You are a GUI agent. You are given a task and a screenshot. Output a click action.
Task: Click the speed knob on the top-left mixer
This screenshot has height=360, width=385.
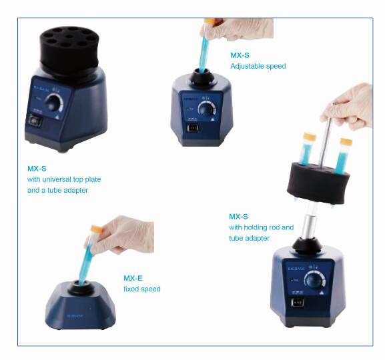54,103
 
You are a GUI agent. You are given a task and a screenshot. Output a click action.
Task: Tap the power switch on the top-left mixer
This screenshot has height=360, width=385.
35,121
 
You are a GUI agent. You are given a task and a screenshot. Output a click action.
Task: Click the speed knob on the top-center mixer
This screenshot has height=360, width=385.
206,109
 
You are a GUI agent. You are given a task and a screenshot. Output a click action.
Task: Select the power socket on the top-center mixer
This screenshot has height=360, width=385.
193,128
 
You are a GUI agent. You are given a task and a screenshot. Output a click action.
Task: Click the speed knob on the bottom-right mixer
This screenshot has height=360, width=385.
314,280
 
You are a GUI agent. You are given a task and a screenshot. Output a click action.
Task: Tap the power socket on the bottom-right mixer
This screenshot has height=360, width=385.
298,303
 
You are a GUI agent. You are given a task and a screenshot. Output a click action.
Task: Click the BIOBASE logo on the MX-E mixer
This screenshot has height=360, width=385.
75,316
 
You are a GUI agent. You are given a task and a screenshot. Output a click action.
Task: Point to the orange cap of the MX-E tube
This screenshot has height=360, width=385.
96,229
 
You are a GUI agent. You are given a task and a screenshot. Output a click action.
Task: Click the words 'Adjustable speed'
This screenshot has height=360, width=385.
258,66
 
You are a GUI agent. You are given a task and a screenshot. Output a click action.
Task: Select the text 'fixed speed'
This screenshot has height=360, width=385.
142,289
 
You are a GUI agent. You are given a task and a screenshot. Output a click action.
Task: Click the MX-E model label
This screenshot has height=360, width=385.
133,278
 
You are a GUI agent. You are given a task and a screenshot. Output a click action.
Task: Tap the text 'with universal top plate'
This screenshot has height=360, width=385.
64,179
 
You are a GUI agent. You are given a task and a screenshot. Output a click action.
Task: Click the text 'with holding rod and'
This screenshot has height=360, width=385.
262,227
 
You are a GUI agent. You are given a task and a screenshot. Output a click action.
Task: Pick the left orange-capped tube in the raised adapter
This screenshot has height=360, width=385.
307,149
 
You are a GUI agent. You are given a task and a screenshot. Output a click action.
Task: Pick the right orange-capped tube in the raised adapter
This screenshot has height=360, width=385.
344,156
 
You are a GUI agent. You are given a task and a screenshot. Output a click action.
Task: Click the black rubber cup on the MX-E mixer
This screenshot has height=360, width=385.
81,287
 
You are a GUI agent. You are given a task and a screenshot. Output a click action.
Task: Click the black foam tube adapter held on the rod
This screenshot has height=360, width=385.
318,183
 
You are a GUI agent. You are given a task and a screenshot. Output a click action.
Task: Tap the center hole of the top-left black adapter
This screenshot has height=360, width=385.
69,37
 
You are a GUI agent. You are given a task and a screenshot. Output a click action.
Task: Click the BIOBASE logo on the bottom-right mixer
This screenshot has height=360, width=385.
296,269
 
